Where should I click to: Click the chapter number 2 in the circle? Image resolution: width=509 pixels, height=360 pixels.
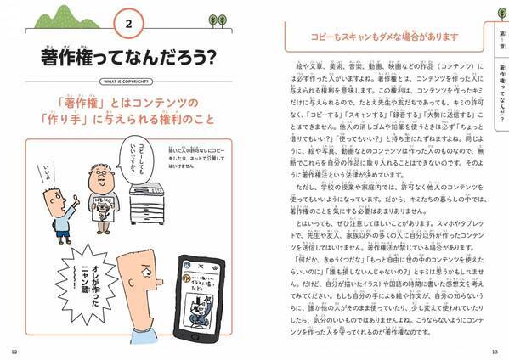tap(127, 25)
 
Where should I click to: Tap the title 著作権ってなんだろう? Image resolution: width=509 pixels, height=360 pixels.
tap(127, 57)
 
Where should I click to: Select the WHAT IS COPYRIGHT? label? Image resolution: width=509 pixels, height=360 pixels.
tap(127, 83)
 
